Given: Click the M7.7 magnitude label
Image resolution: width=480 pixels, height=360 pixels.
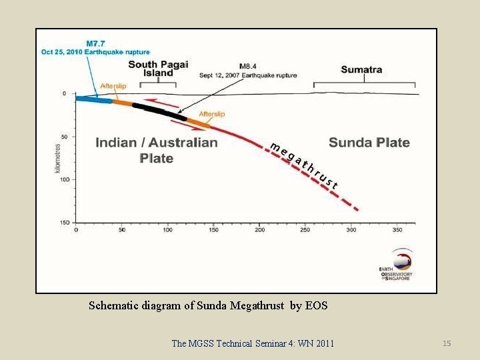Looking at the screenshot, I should click(96, 43).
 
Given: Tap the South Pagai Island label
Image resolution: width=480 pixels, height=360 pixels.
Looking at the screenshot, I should click(158, 68).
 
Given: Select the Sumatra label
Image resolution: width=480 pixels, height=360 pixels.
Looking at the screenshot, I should click(361, 69).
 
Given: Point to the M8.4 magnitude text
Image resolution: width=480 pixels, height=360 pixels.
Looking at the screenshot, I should click(248, 67).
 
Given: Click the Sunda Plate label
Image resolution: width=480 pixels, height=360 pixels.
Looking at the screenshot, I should click(369, 143).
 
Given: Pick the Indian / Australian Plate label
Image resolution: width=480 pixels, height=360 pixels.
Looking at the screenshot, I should click(157, 150).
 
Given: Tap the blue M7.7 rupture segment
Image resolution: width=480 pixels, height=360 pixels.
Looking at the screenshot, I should click(94, 99).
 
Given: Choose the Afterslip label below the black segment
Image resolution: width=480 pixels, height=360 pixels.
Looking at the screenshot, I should click(211, 114).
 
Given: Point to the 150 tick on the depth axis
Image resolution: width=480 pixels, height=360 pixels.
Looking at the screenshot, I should click(65, 223).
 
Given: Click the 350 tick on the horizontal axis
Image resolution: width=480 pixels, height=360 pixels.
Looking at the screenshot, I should click(397, 230).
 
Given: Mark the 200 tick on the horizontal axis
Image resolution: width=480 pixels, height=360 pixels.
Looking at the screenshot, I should click(259, 230).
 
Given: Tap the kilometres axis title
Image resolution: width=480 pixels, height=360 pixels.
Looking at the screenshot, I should click(58, 158).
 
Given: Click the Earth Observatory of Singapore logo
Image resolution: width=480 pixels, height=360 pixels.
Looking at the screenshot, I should click(397, 265).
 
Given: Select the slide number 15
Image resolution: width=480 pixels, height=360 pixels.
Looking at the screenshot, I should click(447, 343).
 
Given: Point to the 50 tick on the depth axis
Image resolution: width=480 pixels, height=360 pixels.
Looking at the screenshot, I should click(65, 137).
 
